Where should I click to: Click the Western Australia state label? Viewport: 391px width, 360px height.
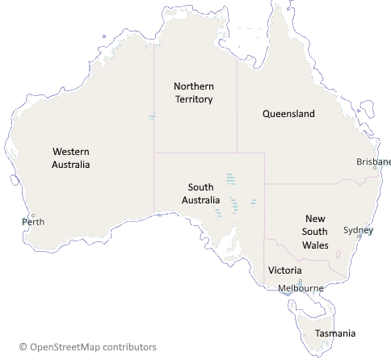click(x=71, y=157)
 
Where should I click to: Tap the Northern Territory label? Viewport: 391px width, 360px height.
click(x=194, y=92)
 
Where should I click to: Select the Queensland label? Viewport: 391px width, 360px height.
click(x=288, y=114)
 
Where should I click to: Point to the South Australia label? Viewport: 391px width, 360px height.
click(x=200, y=194)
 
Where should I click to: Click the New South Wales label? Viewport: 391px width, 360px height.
click(x=315, y=232)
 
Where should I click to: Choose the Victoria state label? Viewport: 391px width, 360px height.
click(x=285, y=270)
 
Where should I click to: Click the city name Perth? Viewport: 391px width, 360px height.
click(x=34, y=221)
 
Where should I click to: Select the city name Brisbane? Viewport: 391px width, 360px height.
click(x=373, y=161)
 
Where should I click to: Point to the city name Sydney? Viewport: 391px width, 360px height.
click(x=359, y=229)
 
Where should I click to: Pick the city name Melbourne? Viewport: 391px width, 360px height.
click(x=300, y=288)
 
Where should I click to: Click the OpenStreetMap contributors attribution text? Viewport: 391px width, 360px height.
click(x=93, y=347)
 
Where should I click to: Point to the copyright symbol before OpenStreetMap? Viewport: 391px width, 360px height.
click(x=23, y=347)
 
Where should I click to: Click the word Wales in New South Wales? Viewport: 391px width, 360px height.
click(x=315, y=245)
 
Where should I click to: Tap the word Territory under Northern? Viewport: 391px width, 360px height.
click(x=194, y=99)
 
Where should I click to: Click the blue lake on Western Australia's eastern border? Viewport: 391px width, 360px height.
click(x=152, y=117)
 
